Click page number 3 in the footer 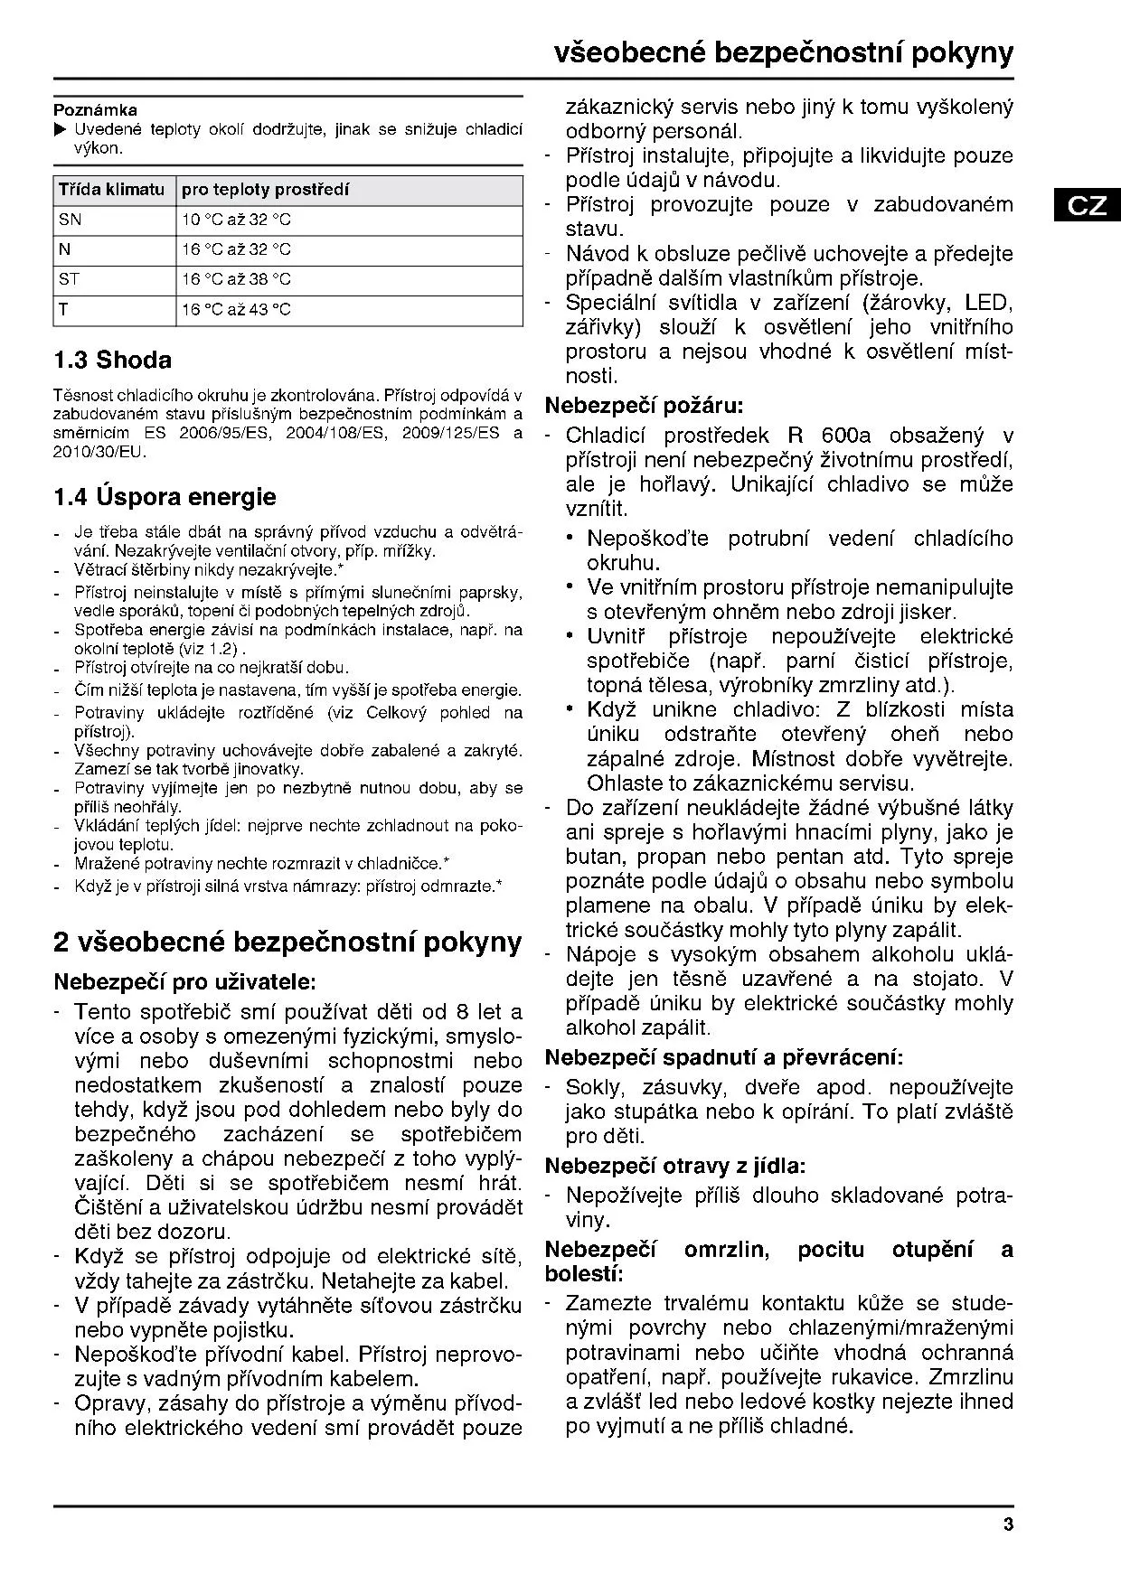[1008, 1525]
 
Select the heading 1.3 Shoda [112, 361]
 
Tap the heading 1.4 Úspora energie [165, 497]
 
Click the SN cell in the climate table [70, 220]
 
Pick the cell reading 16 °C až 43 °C [236, 310]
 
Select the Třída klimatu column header [111, 190]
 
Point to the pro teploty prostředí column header [265, 190]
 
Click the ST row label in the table [70, 279]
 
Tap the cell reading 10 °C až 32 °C [236, 220]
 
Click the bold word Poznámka [95, 110]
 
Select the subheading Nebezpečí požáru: [644, 406]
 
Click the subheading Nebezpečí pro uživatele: [184, 981]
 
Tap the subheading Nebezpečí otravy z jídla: [674, 1166]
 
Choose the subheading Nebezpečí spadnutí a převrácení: [723, 1057]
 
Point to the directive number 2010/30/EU [99, 451]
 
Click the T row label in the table [64, 309]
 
